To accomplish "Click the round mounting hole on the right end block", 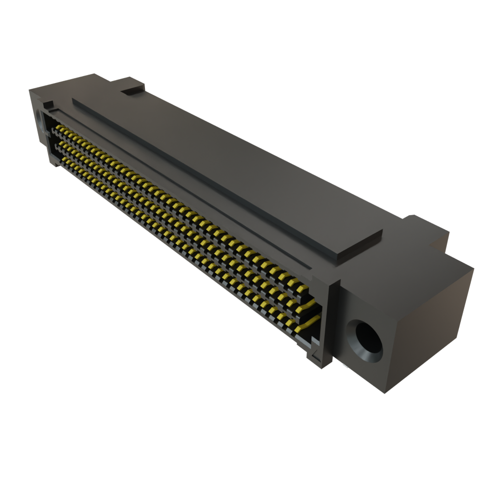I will point(364,340).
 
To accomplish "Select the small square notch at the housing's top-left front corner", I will point(48,105).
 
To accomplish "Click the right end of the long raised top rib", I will point(361,246).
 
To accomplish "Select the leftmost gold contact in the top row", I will point(58,127).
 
